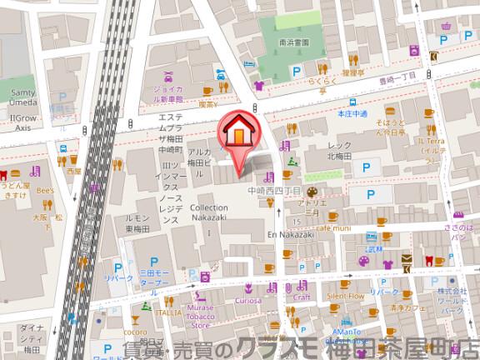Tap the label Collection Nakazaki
(208, 212)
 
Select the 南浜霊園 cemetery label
(294, 41)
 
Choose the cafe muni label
(335, 227)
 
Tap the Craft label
(302, 296)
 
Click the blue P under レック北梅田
(364, 168)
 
